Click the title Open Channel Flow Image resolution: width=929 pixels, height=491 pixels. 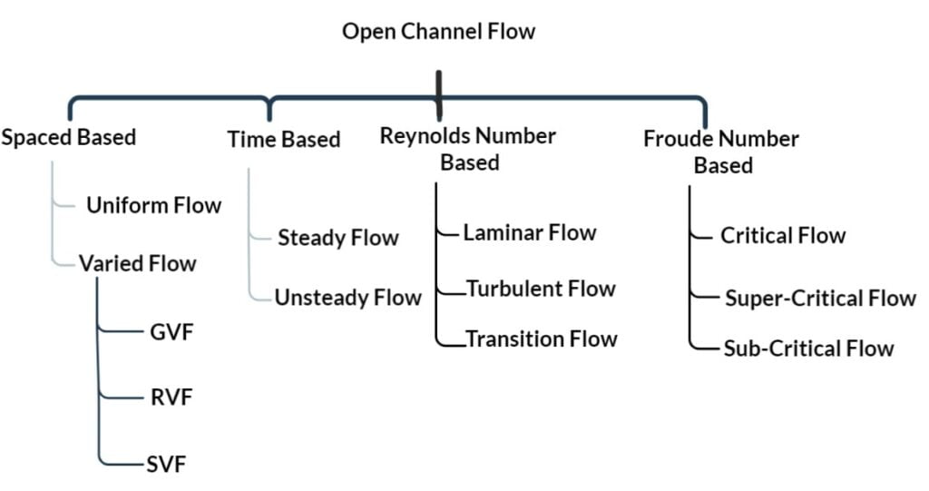pyautogui.click(x=438, y=32)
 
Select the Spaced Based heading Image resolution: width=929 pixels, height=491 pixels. pyautogui.click(x=69, y=138)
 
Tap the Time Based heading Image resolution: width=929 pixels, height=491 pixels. pyautogui.click(x=283, y=140)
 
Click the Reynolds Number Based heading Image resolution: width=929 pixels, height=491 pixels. pyautogui.click(x=468, y=149)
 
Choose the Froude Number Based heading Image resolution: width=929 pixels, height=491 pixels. pyautogui.click(x=721, y=152)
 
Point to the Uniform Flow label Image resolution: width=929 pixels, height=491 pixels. pyautogui.click(x=153, y=205)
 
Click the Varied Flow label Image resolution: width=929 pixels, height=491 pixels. pyautogui.click(x=137, y=264)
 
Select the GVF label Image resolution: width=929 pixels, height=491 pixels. pyautogui.click(x=171, y=331)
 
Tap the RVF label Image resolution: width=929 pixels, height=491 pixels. pyautogui.click(x=171, y=398)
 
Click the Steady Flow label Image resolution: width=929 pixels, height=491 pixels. pyautogui.click(x=337, y=239)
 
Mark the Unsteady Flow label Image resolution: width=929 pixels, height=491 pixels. pyautogui.click(x=347, y=298)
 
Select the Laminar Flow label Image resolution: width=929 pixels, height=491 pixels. pyautogui.click(x=529, y=233)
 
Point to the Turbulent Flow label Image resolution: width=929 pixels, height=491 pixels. pyautogui.click(x=541, y=290)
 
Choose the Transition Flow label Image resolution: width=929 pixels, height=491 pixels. pyautogui.click(x=541, y=339)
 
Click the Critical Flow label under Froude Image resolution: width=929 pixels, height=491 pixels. pyautogui.click(x=783, y=236)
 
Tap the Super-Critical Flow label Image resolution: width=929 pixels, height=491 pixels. pyautogui.click(x=820, y=299)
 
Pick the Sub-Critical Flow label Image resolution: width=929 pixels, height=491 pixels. pyautogui.click(x=808, y=349)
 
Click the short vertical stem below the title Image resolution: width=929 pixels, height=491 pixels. pyautogui.click(x=438, y=86)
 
